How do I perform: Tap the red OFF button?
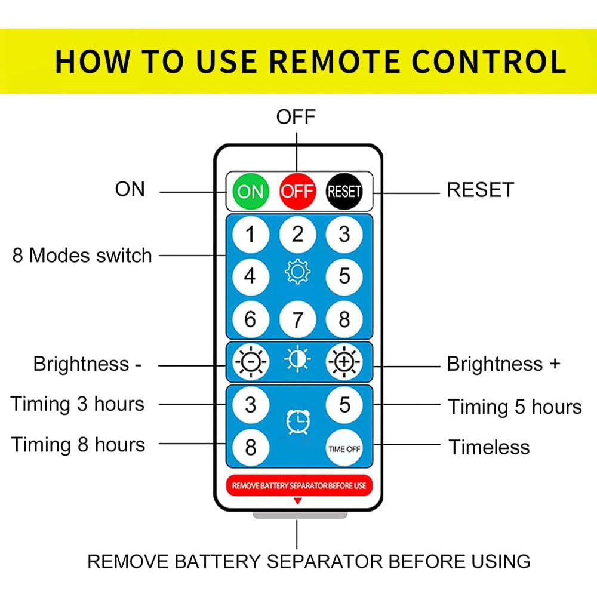coord(297,191)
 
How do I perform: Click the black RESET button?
coord(344,191)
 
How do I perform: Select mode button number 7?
coord(297,319)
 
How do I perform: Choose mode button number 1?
coord(251,234)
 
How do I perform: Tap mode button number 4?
coord(251,277)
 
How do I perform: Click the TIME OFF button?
coord(344,448)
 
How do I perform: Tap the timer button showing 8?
coord(251,447)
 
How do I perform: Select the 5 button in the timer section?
coord(344,405)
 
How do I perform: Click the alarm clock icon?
coord(298,422)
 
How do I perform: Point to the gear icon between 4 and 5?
coord(297,272)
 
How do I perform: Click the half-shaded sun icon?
coord(297,359)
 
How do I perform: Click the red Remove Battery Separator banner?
coord(299,485)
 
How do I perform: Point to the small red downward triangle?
coord(298,501)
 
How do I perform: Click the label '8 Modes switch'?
coord(82,255)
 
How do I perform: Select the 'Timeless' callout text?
coord(490,447)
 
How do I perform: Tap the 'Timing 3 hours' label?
coord(78,404)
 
